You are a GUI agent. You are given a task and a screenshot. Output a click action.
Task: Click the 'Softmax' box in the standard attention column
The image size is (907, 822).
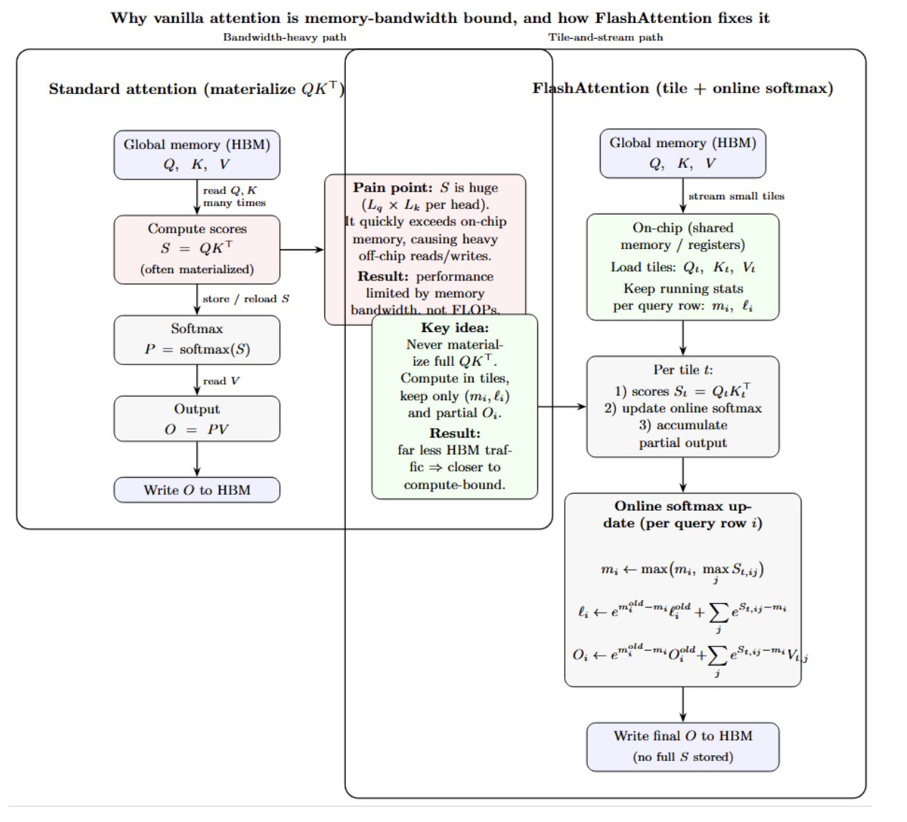pos(197,339)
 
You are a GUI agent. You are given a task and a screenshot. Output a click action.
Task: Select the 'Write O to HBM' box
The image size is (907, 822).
pos(197,490)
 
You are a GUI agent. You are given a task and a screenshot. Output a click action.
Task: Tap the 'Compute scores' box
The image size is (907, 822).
pos(197,249)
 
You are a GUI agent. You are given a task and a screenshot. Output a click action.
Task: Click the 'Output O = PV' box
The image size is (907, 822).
pos(197,419)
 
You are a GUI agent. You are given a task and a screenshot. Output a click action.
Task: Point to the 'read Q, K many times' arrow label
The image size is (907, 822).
pos(234,197)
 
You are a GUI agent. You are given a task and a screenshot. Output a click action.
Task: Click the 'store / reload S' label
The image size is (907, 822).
pos(245,299)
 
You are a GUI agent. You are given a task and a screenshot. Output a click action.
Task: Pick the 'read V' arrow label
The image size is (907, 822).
pos(221,381)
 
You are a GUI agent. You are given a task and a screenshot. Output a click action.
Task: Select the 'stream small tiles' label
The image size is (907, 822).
pos(736,196)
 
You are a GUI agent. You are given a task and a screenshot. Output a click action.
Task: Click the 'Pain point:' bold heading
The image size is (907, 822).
pos(393,188)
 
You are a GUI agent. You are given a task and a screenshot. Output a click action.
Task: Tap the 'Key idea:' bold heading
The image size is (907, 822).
pos(455,328)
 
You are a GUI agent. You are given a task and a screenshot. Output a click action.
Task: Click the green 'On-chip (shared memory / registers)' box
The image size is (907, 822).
pos(682,267)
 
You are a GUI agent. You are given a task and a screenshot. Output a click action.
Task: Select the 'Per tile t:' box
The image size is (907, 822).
pos(682,406)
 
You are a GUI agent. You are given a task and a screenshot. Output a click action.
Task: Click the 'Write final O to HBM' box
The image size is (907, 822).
pos(682,747)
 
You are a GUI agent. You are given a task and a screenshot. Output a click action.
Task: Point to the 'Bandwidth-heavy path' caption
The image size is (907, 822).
pos(284,37)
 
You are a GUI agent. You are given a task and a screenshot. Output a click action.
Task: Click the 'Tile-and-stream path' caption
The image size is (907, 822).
pos(606,37)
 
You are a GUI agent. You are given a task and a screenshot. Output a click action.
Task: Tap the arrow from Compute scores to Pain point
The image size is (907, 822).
pos(301,250)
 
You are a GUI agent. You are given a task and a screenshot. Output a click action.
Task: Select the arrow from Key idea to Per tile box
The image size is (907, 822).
pos(562,407)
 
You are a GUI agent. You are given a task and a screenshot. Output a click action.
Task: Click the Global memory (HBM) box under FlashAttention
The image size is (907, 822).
pos(682,153)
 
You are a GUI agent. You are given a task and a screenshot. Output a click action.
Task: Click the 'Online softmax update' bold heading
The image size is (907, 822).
pos(682,514)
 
